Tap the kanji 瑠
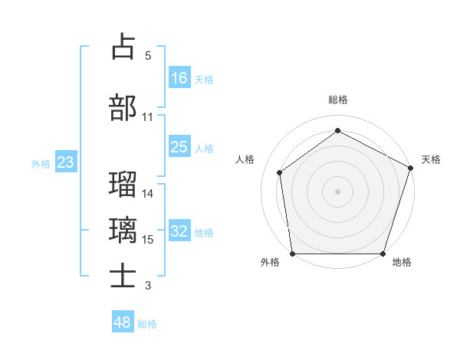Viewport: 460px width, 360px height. pyautogui.click(x=123, y=185)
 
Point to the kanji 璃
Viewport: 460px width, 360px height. pyautogui.click(x=123, y=230)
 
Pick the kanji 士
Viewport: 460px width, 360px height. pyautogui.click(x=123, y=276)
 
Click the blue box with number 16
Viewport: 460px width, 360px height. pyautogui.click(x=179, y=77)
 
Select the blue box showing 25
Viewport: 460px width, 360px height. pyautogui.click(x=179, y=147)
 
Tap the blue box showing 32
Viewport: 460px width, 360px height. pyautogui.click(x=179, y=232)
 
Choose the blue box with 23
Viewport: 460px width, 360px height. pyautogui.click(x=65, y=162)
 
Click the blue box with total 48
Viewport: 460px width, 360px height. pyautogui.click(x=123, y=322)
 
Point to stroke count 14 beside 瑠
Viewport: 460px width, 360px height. pyautogui.click(x=149, y=193)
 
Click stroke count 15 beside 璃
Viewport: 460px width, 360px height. pyautogui.click(x=149, y=240)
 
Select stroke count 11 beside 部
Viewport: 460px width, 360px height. pyautogui.click(x=148, y=117)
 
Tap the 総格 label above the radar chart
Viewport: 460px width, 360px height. pyautogui.click(x=338, y=100)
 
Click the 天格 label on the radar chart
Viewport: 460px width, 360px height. pyautogui.click(x=431, y=159)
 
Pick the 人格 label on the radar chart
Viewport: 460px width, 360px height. pyautogui.click(x=245, y=159)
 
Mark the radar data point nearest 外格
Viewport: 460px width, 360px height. pyautogui.click(x=292, y=254)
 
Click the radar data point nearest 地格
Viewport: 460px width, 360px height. pyautogui.click(x=383, y=254)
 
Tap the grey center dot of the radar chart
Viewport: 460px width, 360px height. pyautogui.click(x=338, y=191)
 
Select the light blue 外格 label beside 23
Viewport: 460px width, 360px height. pyautogui.click(x=41, y=163)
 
